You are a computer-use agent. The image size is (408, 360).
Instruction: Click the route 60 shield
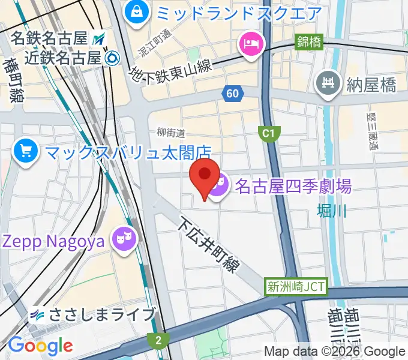click(x=232, y=92)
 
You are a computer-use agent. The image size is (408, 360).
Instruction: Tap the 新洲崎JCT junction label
click(x=296, y=287)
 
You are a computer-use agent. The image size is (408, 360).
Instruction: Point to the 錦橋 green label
click(x=309, y=42)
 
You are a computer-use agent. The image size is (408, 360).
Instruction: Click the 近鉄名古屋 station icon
click(x=111, y=58)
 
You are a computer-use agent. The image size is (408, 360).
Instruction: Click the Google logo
click(x=40, y=346)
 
